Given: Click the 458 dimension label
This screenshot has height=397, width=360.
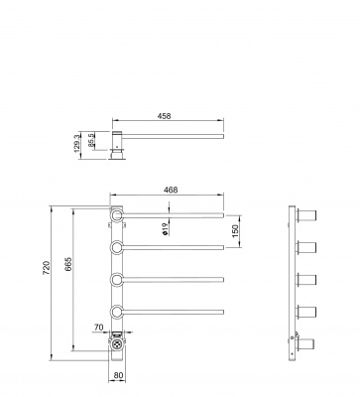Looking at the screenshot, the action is click(x=164, y=116).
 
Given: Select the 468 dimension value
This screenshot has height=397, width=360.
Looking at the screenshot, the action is click(x=171, y=190).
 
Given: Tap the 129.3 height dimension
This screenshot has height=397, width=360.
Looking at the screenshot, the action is click(x=77, y=144).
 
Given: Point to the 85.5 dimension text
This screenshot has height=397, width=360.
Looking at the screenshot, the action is click(x=91, y=140).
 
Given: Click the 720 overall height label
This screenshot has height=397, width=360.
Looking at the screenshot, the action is click(x=47, y=268).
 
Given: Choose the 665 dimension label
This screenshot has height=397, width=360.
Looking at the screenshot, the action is click(x=68, y=264).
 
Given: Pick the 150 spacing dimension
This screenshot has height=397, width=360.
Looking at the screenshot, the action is click(x=235, y=231).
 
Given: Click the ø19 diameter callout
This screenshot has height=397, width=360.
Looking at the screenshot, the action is click(x=166, y=228).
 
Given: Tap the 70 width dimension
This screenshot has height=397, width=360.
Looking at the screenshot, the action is click(x=99, y=328).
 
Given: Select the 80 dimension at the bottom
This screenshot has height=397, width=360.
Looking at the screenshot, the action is click(x=118, y=375).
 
